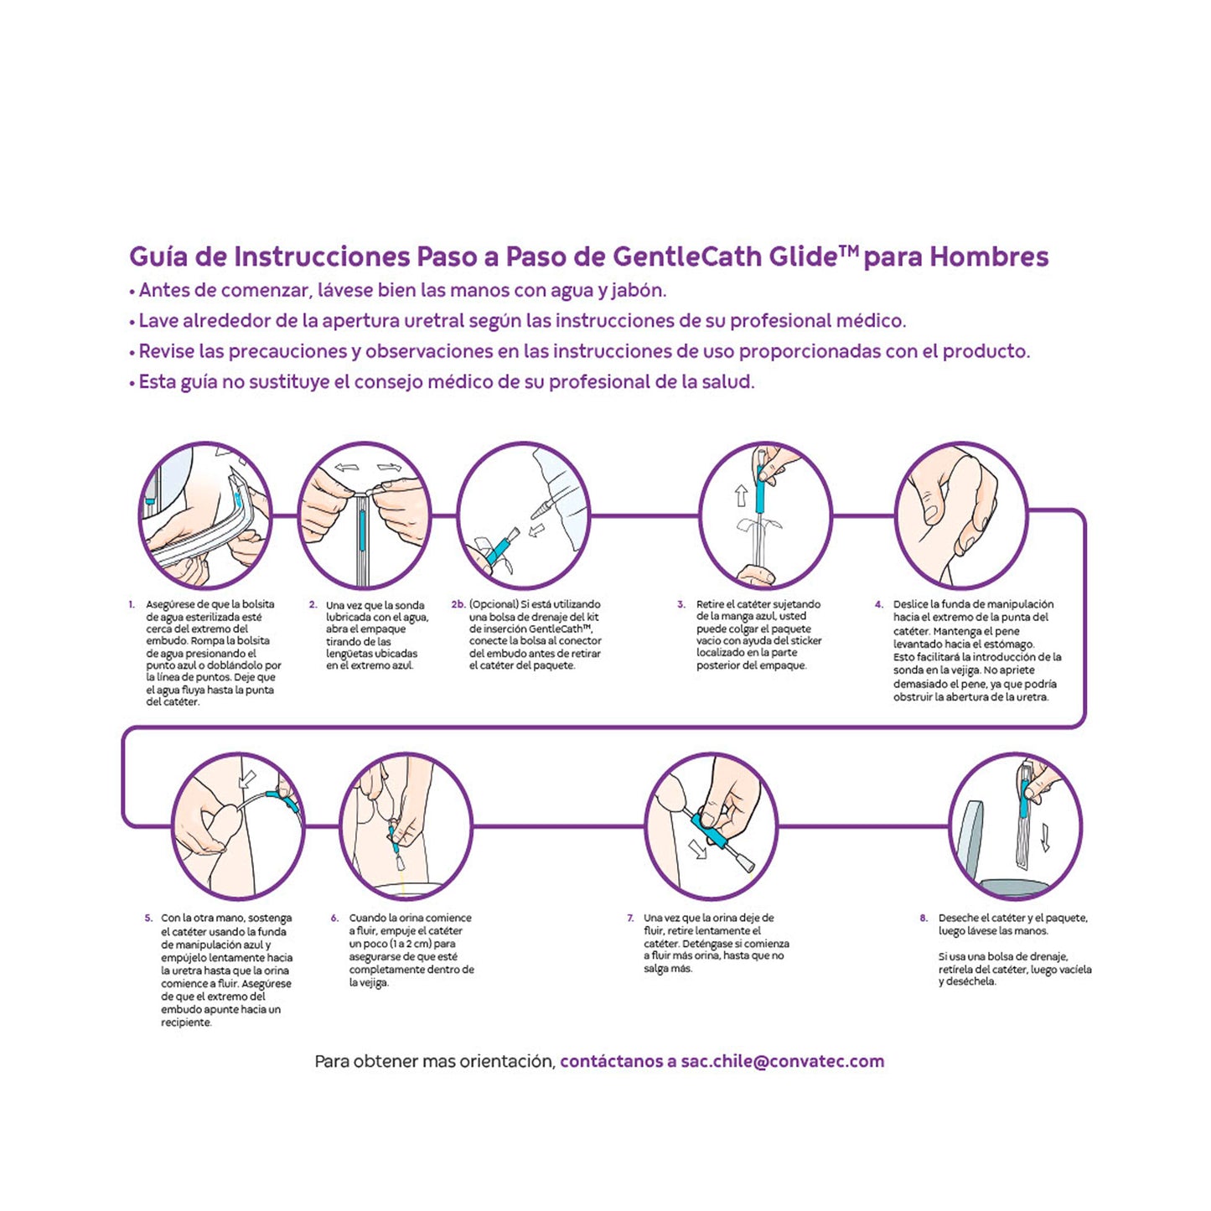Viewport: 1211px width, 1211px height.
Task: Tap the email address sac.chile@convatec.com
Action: (782, 1061)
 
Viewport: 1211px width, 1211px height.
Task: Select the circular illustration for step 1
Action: (205, 515)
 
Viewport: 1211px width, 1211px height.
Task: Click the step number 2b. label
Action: (458, 604)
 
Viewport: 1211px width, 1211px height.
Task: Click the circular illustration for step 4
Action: (961, 515)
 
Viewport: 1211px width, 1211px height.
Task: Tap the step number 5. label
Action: (148, 919)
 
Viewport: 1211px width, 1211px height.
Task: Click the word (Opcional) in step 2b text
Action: (494, 604)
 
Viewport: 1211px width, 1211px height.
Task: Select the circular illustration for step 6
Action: (406, 825)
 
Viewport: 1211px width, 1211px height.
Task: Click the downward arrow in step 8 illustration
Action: (1045, 836)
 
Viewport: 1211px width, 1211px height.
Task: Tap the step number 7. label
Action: (630, 919)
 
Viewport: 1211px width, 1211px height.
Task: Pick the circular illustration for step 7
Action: (711, 825)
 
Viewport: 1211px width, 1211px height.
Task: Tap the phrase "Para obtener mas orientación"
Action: (434, 1061)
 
